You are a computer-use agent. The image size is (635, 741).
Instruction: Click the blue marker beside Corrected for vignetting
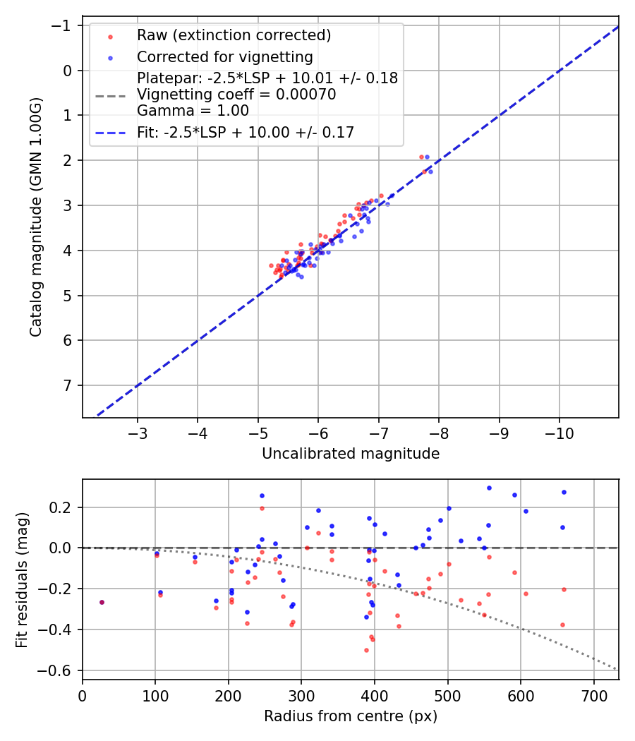pyautogui.click(x=110, y=57)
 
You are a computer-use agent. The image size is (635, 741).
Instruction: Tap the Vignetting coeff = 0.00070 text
pyautogui.click(x=236, y=94)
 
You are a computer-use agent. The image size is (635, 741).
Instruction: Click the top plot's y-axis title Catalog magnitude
pyautogui.click(x=36, y=217)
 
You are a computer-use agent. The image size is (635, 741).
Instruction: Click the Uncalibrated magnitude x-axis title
pyautogui.click(x=351, y=454)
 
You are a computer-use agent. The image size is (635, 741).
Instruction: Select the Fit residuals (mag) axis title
pyautogui.click(x=22, y=579)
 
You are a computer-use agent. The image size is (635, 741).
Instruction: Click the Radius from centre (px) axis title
pyautogui.click(x=351, y=716)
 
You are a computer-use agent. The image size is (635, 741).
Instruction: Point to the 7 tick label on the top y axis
pyautogui.click(x=68, y=385)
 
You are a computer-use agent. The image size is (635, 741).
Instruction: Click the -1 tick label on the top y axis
pyautogui.click(x=65, y=25)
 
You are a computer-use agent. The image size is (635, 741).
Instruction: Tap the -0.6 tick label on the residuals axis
pyautogui.click(x=60, y=670)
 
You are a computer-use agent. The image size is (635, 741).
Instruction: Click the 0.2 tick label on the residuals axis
pyautogui.click(x=64, y=507)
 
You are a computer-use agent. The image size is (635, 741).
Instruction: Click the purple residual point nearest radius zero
pyautogui.click(x=102, y=602)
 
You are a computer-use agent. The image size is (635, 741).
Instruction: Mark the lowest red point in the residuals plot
pyautogui.click(x=366, y=650)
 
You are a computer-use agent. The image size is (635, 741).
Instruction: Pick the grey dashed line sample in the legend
pyautogui.click(x=110, y=94)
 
